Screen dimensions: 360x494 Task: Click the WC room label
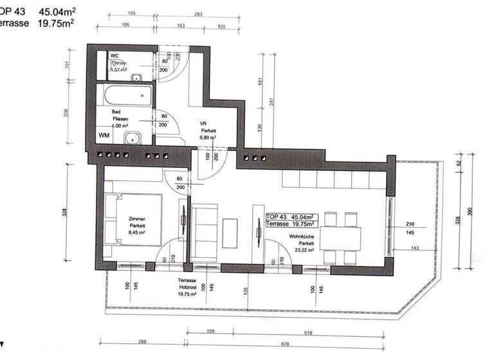[x=114, y=56]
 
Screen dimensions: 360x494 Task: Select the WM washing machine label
[x=104, y=136]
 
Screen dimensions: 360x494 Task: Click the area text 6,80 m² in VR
[x=207, y=138]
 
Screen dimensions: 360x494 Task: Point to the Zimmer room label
[x=137, y=219]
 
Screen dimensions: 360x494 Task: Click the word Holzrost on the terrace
[x=187, y=289]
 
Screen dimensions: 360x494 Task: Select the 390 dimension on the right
[x=475, y=211]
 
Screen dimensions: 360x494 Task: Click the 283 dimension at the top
[x=197, y=14]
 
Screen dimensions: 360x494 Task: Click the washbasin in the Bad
[x=133, y=137]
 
